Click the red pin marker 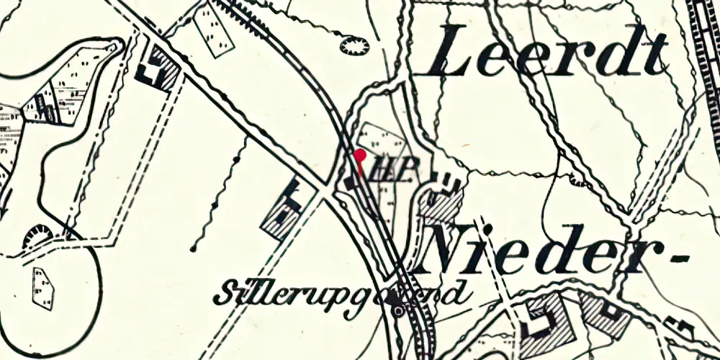tap(360, 154)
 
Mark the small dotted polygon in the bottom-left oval tap(43, 287)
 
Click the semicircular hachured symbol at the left tap(37, 236)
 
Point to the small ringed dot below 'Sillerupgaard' tap(397, 310)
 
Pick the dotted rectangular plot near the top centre tap(213, 29)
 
